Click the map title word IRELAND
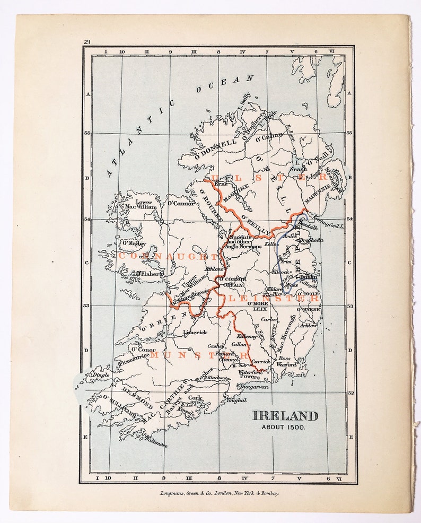click(285, 416)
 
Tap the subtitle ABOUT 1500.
click(284, 428)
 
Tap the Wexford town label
click(287, 365)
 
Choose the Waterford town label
click(250, 372)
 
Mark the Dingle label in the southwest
click(101, 374)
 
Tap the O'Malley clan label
click(134, 243)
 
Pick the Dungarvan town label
click(255, 387)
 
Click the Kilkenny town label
click(247, 336)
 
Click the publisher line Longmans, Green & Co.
click(220, 493)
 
